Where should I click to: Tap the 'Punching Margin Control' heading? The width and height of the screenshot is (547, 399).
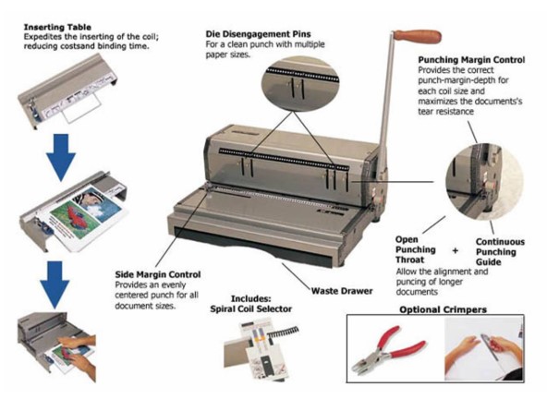tap(470, 60)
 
